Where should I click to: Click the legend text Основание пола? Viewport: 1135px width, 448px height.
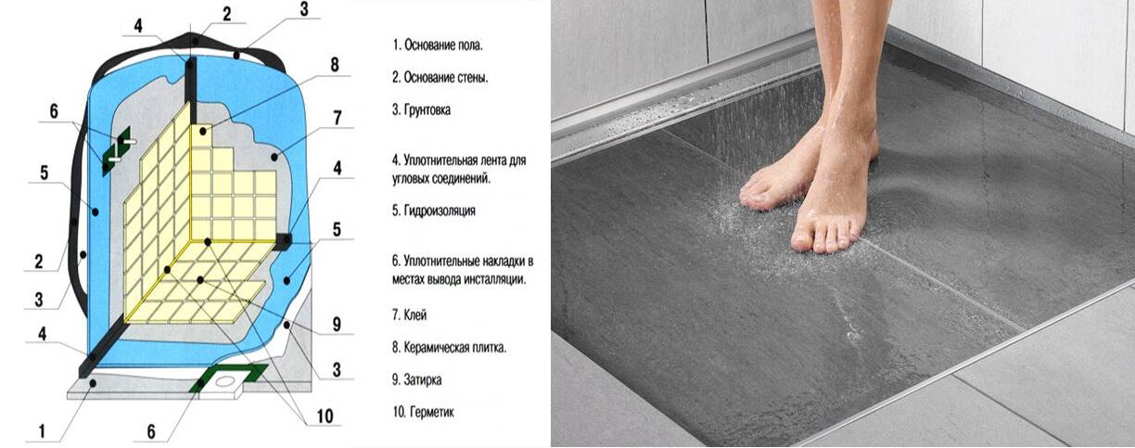coord(443,45)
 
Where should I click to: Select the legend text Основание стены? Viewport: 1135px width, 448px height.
coord(446,78)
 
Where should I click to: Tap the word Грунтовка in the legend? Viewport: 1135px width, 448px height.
coord(427,109)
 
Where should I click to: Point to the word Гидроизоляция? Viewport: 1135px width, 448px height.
coord(440,211)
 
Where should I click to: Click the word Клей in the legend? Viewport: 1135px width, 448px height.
coord(415,315)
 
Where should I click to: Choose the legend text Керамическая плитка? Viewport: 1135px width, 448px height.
coord(455,348)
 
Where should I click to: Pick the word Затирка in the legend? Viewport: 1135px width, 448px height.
coord(423,379)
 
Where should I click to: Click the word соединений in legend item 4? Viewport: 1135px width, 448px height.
coord(461,178)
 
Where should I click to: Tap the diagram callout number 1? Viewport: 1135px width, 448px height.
coord(43,431)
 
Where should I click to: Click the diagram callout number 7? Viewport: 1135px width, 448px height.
coord(337,118)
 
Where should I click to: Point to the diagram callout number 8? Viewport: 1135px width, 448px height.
coord(335,65)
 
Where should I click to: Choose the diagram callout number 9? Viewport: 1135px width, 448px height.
coord(337,325)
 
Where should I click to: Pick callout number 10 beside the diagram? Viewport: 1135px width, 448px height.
coord(325,416)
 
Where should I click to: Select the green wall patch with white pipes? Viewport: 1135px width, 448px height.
coord(117,150)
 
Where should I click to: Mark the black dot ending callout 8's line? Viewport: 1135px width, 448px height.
coord(203,132)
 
